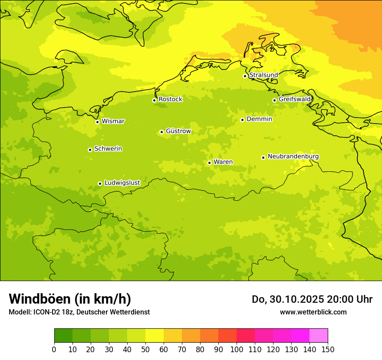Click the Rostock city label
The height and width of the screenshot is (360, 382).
pyautogui.click(x=170, y=99)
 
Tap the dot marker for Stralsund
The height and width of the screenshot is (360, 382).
pyautogui.click(x=245, y=76)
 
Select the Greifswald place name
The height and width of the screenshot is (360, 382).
pyautogui.click(x=295, y=99)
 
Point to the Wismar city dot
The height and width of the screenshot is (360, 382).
pyautogui.click(x=98, y=122)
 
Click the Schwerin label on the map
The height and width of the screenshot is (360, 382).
pyautogui.click(x=108, y=149)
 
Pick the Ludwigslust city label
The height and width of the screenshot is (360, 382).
pyautogui.click(x=122, y=183)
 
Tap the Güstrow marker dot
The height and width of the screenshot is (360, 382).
pyautogui.click(x=161, y=132)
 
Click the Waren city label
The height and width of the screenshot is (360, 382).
pyautogui.click(x=223, y=162)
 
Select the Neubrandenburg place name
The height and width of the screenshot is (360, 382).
pyautogui.click(x=293, y=156)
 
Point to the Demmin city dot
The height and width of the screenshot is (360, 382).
pyautogui.click(x=242, y=120)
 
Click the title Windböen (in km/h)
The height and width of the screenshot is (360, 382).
pyautogui.click(x=70, y=299)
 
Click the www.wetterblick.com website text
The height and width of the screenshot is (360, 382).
pyautogui.click(x=313, y=312)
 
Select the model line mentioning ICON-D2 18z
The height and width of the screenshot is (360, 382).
pyautogui.click(x=79, y=312)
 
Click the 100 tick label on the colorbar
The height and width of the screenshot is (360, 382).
pyautogui.click(x=237, y=350)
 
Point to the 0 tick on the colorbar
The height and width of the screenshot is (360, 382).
pyautogui.click(x=54, y=350)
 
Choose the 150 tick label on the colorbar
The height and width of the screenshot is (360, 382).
pyautogui.click(x=328, y=350)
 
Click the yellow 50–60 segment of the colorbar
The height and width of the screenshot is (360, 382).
pyautogui.click(x=155, y=336)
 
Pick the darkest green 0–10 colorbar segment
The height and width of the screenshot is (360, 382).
pyautogui.click(x=63, y=336)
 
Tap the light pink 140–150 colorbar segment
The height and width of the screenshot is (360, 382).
pyautogui.click(x=319, y=336)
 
